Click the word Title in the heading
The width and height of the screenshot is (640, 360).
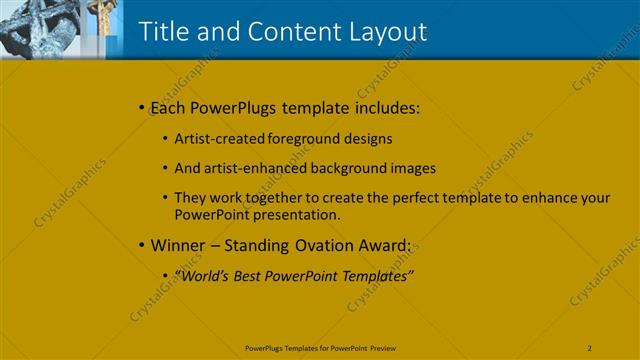click(162, 31)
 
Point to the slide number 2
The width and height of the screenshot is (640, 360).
click(590, 347)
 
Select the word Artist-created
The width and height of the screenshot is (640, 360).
click(213, 139)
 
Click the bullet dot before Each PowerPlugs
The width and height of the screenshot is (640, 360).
click(141, 107)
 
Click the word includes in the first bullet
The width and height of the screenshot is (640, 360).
click(385, 107)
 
